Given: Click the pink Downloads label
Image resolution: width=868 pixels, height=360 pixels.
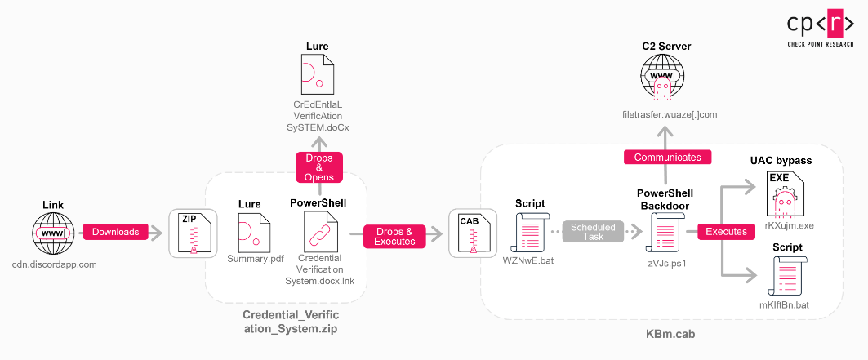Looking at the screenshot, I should (115, 232).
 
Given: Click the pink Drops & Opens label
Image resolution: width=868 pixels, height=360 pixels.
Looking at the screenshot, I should (318, 167).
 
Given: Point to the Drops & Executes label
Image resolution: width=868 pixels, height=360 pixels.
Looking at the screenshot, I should (394, 236).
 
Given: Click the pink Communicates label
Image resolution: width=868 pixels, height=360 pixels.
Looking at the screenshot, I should (667, 157).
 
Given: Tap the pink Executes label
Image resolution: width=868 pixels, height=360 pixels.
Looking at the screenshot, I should (726, 232).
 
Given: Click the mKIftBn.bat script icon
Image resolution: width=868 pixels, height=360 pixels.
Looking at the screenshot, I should (786, 276).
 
